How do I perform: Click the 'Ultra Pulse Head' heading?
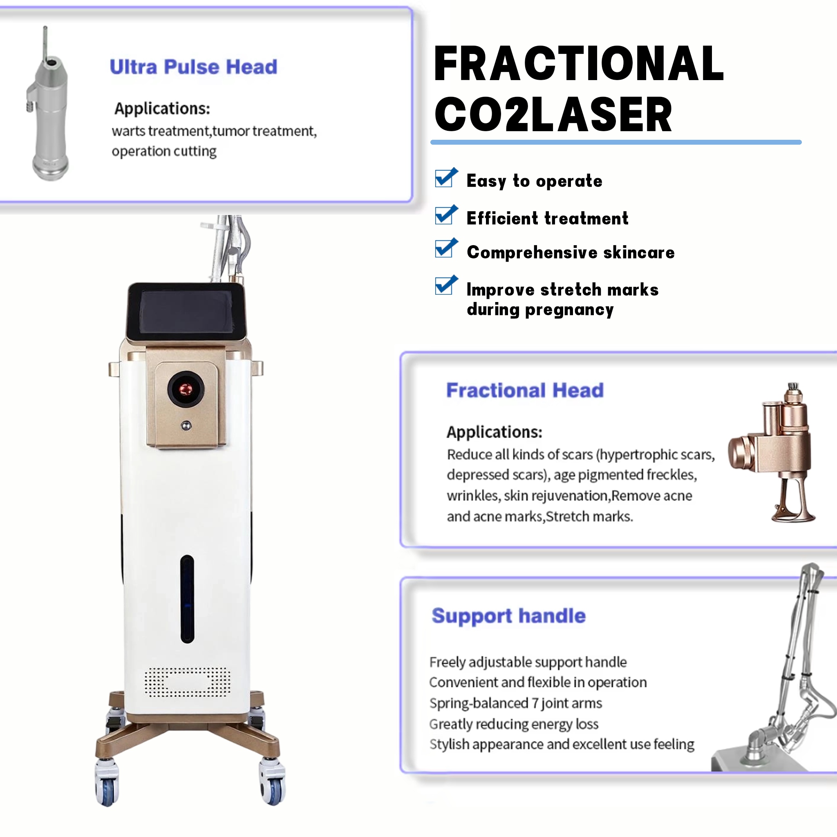[193, 67]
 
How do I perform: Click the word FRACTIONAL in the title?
[579, 64]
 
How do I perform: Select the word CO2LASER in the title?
[553, 114]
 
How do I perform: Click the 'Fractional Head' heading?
[525, 390]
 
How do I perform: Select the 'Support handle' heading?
[508, 616]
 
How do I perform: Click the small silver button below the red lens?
[186, 426]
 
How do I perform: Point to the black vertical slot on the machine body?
[187, 599]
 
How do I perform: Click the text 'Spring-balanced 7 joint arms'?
[515, 703]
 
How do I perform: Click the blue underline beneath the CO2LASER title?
[616, 142]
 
